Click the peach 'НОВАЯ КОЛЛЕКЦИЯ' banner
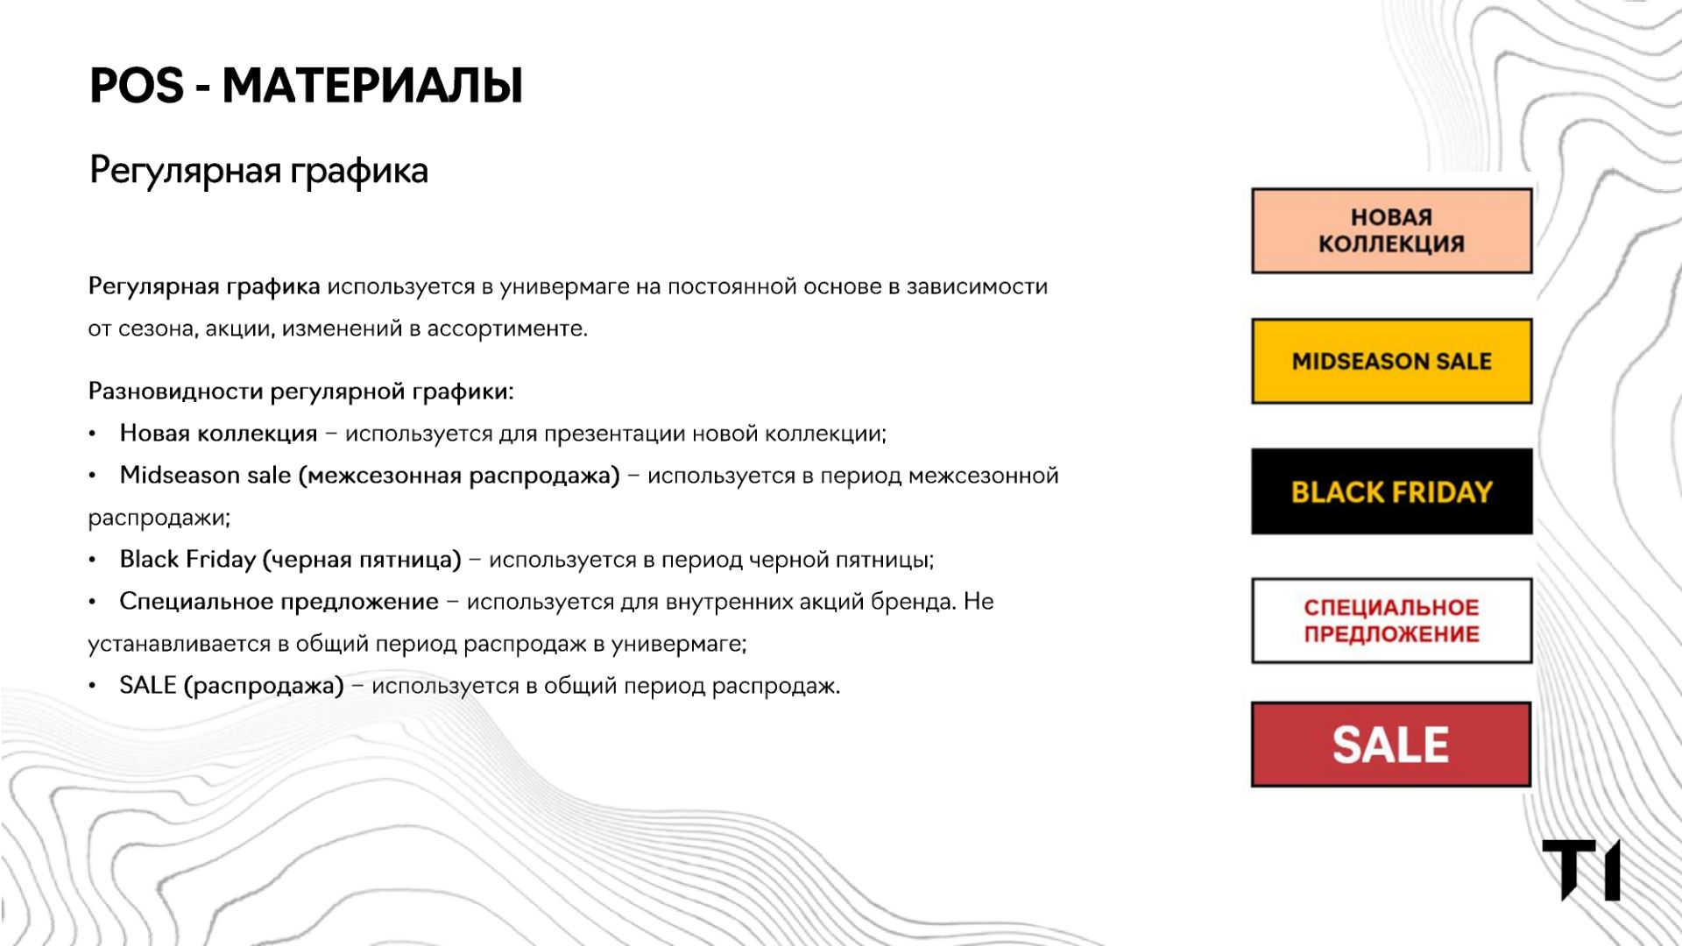pyautogui.click(x=1391, y=230)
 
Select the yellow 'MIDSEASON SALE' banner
pyautogui.click(x=1391, y=361)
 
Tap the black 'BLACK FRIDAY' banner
pyautogui.click(x=1391, y=491)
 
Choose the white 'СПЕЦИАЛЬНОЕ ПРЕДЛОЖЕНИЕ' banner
pyautogui.click(x=1391, y=620)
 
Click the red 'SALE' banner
pyautogui.click(x=1391, y=744)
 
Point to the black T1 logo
pyautogui.click(x=1581, y=869)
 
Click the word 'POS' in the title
pyautogui.click(x=137, y=86)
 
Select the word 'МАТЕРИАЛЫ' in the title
pyautogui.click(x=372, y=86)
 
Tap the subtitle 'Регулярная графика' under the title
pyautogui.click(x=258, y=171)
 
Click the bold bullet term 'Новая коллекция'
pyautogui.click(x=218, y=433)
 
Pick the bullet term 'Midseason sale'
pyautogui.click(x=205, y=475)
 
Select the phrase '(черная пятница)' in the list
pyautogui.click(x=362, y=560)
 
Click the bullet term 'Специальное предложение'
pyautogui.click(x=279, y=602)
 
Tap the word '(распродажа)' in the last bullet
pyautogui.click(x=264, y=686)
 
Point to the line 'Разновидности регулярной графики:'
pyautogui.click(x=300, y=391)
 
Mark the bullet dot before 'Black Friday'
pyautogui.click(x=92, y=561)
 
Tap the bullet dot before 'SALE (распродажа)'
pyautogui.click(x=92, y=687)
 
